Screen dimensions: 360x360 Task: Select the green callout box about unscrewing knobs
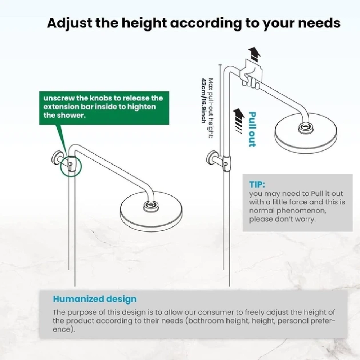104,108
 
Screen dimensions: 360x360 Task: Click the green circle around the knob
71,165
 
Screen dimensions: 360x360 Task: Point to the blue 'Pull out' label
252,129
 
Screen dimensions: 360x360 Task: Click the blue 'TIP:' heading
257,184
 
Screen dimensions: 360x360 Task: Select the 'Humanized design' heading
95,299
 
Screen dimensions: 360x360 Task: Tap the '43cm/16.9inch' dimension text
203,100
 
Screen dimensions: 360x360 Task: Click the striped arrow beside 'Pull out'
239,120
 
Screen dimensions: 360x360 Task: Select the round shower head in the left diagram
151,211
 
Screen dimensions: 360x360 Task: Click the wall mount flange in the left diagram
56,158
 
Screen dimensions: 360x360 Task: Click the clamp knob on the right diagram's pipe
226,164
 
